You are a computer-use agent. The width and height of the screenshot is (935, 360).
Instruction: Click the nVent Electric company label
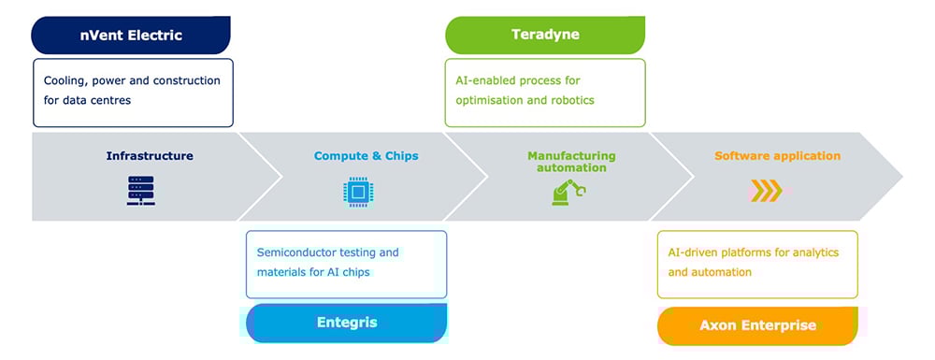click(131, 36)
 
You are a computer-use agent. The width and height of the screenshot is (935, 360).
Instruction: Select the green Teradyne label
click(545, 35)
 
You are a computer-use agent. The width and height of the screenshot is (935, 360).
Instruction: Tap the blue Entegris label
click(347, 323)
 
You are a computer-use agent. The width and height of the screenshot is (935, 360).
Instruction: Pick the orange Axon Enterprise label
click(757, 326)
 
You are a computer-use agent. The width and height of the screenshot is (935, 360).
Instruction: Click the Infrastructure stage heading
click(150, 156)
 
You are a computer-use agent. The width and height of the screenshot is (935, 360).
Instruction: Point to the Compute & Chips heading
click(367, 156)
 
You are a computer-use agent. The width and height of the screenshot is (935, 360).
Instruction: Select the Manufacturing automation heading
click(571, 162)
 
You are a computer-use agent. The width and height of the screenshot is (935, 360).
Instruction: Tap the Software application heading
click(778, 156)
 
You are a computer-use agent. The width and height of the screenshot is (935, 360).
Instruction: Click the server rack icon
click(141, 191)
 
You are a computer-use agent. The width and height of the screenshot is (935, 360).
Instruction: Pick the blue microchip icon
click(358, 192)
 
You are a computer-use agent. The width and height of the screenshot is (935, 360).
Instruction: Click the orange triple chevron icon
click(766, 191)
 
